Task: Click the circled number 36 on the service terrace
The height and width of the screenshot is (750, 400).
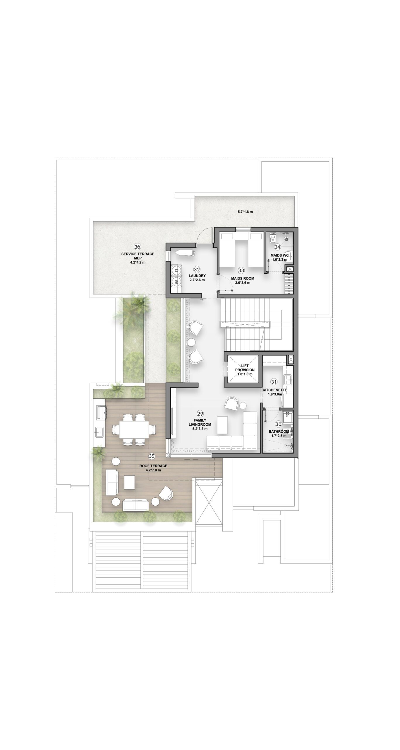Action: (x=137, y=247)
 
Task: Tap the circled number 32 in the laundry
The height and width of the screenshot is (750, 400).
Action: (x=197, y=269)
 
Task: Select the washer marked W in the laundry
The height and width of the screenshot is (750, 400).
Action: (x=176, y=282)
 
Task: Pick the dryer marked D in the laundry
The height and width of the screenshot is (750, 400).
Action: (x=176, y=270)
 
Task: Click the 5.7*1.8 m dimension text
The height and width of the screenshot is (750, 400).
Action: (x=245, y=212)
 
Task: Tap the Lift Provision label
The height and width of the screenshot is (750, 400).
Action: (x=245, y=368)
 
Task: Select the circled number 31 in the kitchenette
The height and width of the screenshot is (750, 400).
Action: (x=274, y=382)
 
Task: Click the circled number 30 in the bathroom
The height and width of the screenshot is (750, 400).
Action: (x=279, y=424)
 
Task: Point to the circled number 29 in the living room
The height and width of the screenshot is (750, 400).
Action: (x=200, y=414)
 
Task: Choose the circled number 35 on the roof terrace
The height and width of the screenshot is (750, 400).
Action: (x=152, y=456)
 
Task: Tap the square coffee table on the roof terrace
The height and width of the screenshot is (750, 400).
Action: (x=129, y=482)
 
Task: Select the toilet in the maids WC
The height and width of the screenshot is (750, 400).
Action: (x=273, y=238)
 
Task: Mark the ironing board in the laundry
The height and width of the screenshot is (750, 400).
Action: (x=184, y=253)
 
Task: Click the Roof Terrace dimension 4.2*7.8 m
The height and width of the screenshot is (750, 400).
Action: (x=153, y=470)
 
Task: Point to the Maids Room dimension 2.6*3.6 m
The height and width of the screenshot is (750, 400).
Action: (x=243, y=283)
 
